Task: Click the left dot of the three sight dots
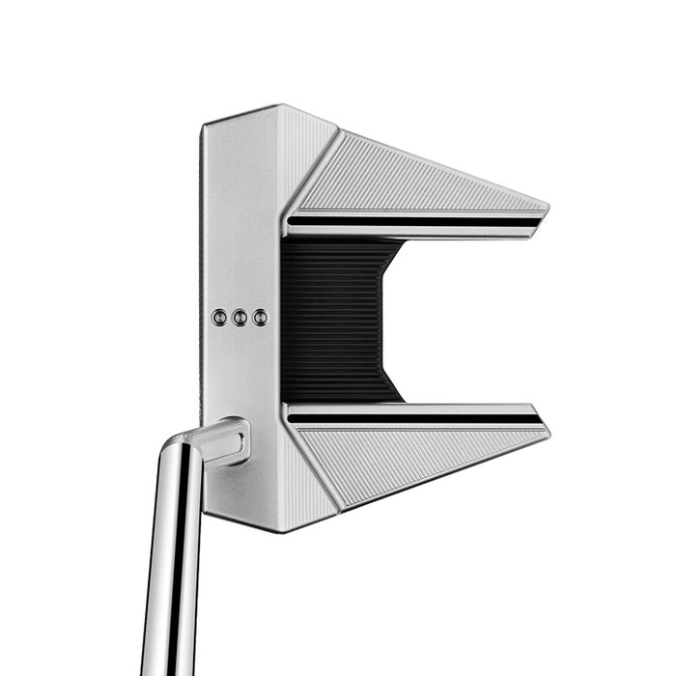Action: [219, 317]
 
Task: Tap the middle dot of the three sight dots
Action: [239, 317]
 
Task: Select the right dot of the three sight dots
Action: [260, 317]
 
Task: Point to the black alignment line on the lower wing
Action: [415, 418]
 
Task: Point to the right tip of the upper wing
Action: [545, 210]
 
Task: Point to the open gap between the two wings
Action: [464, 319]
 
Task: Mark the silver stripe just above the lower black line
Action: [415, 408]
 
